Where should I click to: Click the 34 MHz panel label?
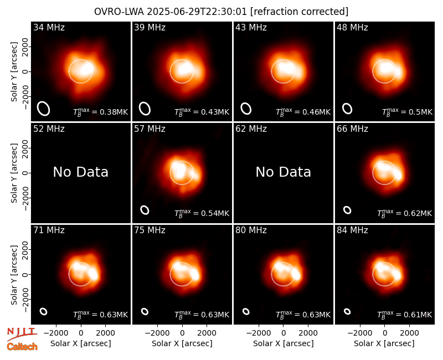tap(49, 27)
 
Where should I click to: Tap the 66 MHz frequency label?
tap(352, 129)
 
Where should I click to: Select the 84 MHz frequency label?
tap(352, 230)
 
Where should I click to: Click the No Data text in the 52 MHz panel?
tap(81, 172)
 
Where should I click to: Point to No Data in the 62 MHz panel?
tap(284, 172)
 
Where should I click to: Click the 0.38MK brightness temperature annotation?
tap(101, 112)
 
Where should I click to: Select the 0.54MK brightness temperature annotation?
tap(202, 213)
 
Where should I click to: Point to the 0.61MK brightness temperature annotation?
tap(405, 314)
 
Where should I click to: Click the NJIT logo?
tap(22, 333)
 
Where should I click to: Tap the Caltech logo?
tap(22, 347)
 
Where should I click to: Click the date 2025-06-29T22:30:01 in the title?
tap(197, 12)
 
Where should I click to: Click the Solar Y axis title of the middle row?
tap(14, 173)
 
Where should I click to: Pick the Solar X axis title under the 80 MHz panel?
tap(284, 343)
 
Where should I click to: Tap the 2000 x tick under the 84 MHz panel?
tap(409, 333)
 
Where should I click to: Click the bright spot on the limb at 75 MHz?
tap(195, 274)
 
